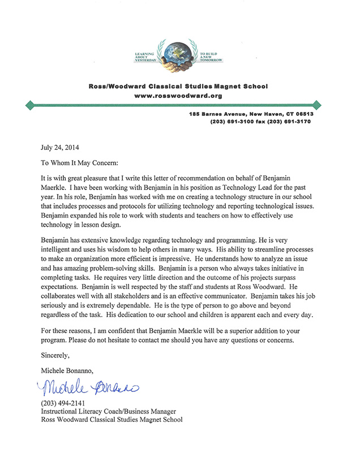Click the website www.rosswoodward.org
point(178,96)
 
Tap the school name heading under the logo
point(178,87)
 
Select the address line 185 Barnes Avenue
point(251,114)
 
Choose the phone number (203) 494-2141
point(63,403)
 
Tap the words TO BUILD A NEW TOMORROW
point(211,56)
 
